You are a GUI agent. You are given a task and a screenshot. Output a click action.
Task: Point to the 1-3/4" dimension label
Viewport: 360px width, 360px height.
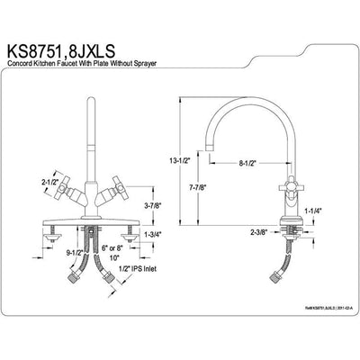[153, 236]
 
